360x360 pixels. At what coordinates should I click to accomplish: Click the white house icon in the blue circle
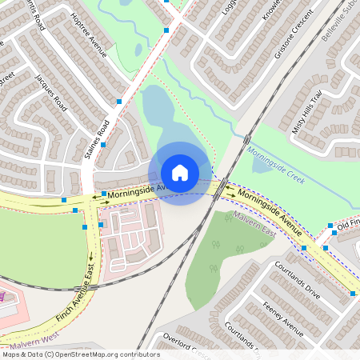(180, 173)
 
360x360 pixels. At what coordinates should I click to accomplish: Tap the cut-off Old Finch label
(348, 226)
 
